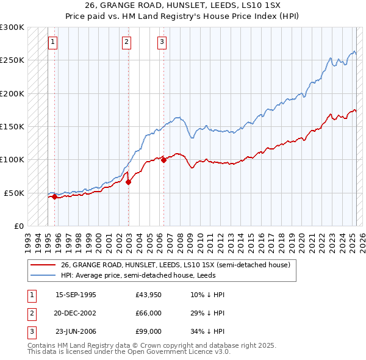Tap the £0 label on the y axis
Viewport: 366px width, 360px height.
tap(19, 226)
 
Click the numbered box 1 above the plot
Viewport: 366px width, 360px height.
tap(53, 42)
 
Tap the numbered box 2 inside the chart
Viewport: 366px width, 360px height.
tap(126, 42)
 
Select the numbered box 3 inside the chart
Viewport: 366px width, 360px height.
tap(162, 42)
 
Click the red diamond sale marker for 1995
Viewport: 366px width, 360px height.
tap(54, 196)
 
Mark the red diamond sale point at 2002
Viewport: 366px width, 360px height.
tap(128, 182)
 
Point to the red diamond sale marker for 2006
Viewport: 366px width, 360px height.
tap(163, 160)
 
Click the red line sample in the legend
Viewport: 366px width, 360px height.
tap(43, 265)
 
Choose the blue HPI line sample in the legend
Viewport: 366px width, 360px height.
tap(43, 275)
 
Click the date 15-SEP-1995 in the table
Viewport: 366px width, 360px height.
tap(76, 295)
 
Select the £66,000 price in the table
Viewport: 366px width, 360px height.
tap(149, 314)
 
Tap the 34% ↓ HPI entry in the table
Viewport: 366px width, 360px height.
tap(207, 332)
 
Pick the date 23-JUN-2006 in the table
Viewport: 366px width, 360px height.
tap(76, 332)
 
